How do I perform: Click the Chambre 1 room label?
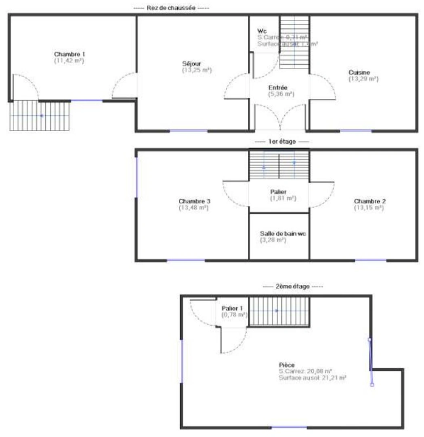(69, 54)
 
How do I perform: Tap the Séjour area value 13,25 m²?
(197, 70)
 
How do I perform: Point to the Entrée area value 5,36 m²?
(281, 94)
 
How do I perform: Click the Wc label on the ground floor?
(262, 32)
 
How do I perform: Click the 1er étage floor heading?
(281, 142)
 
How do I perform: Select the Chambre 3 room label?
(194, 201)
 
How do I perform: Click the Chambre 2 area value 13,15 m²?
(369, 208)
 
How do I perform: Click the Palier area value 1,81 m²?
(283, 198)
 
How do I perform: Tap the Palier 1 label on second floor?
(232, 308)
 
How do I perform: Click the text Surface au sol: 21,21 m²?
(312, 378)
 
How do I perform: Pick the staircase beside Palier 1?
(278, 311)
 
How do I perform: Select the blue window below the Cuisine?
(355, 131)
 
